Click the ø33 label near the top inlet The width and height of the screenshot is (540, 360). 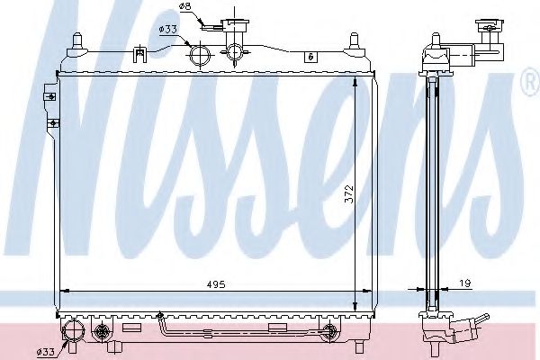[x=168, y=29]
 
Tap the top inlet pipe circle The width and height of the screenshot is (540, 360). [x=201, y=57]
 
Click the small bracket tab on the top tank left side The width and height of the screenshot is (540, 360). [x=139, y=55]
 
